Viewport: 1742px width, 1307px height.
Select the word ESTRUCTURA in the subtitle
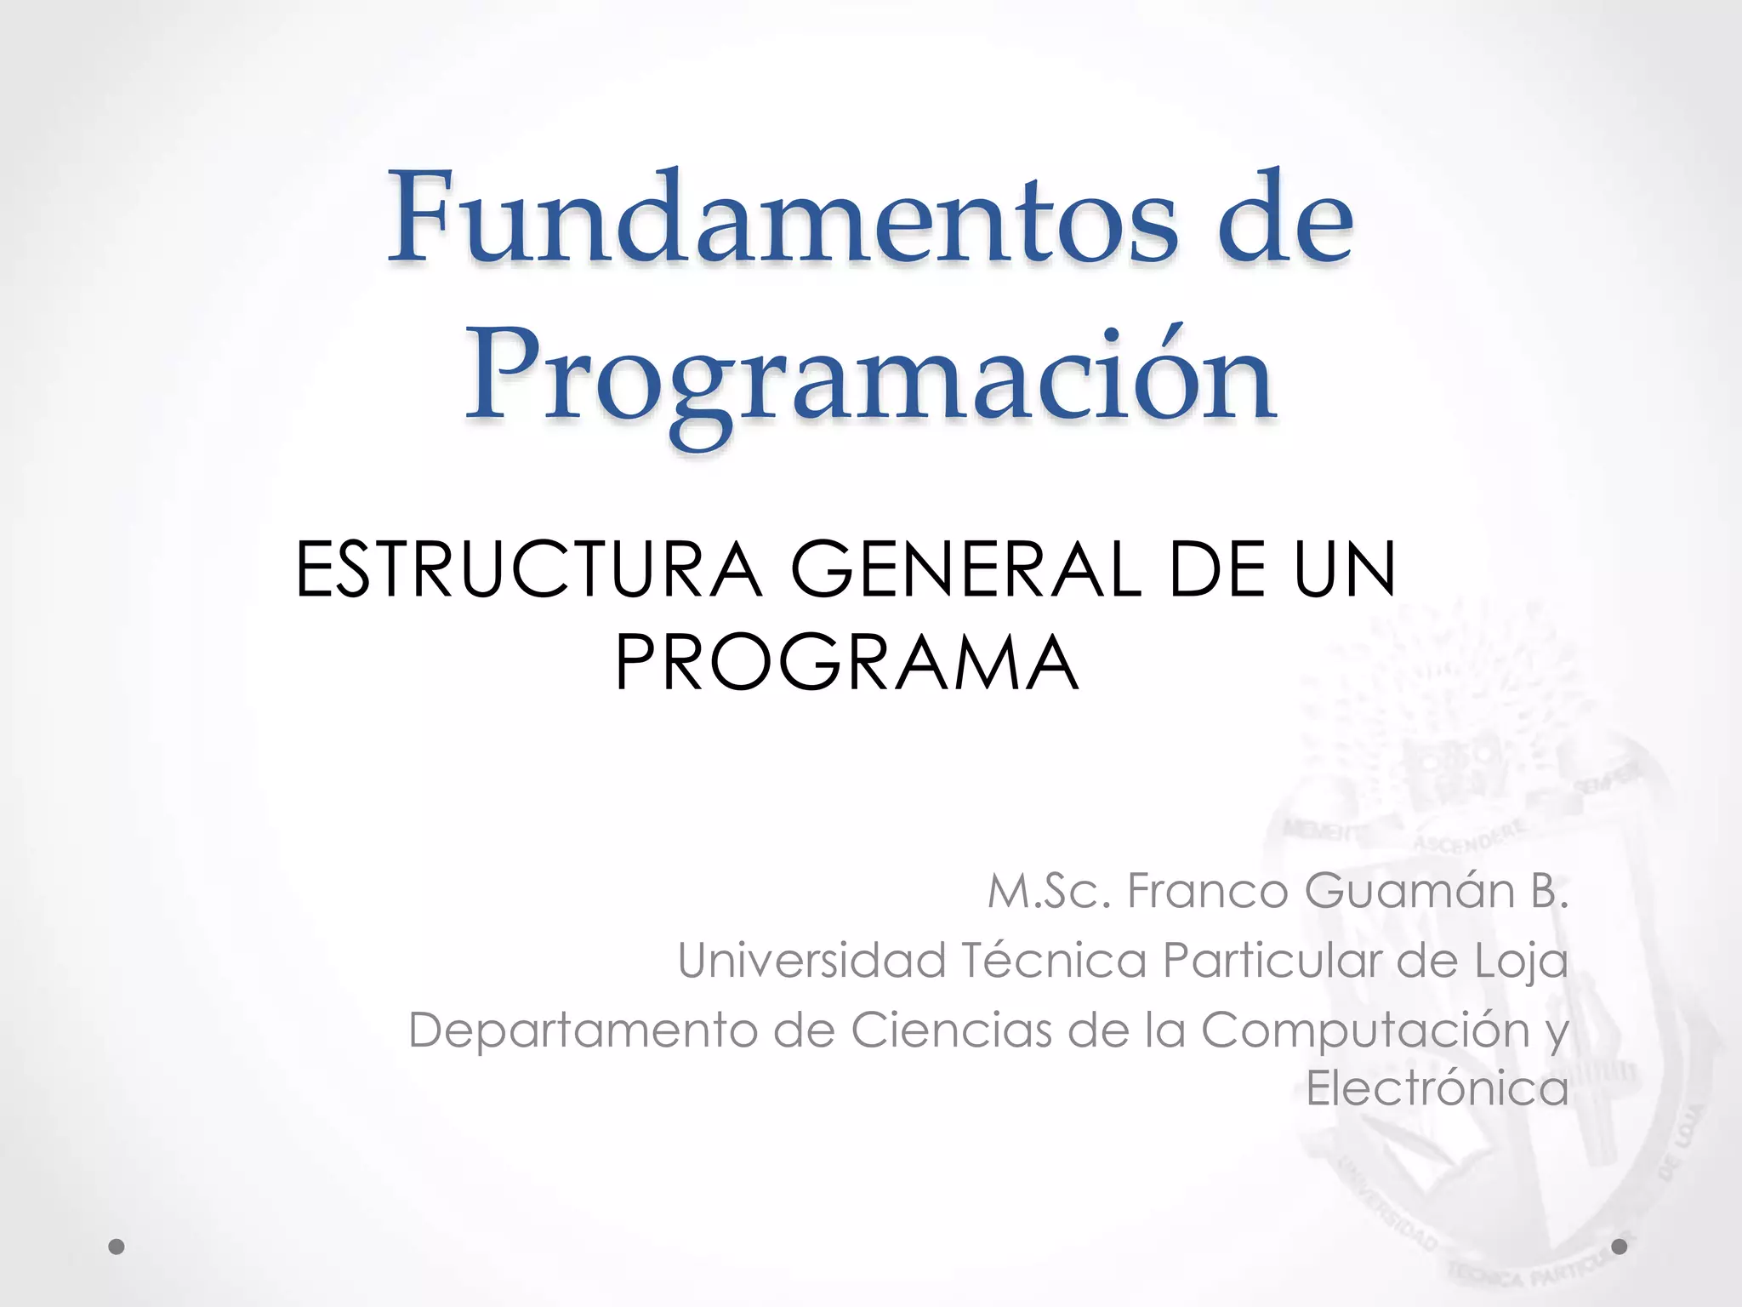[x=528, y=569]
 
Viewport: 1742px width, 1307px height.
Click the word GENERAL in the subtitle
[x=965, y=569]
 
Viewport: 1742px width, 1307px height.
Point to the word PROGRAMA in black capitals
[x=846, y=663]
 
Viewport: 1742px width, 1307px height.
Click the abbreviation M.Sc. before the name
[x=1049, y=892]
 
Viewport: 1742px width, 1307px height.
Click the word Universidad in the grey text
[x=811, y=961]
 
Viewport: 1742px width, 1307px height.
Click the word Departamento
[x=583, y=1030]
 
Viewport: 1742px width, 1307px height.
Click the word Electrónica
[x=1437, y=1088]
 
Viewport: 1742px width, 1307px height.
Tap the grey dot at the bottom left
[x=117, y=1247]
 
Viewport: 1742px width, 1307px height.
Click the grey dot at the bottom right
[x=1620, y=1247]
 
